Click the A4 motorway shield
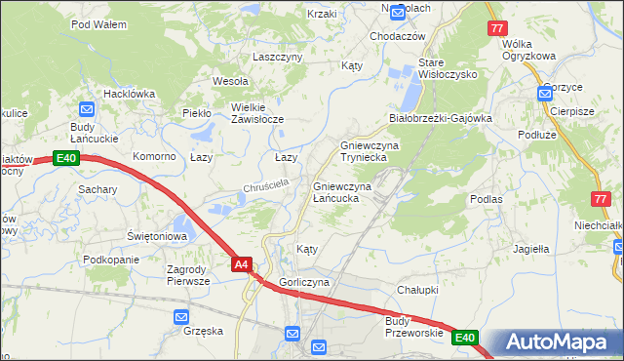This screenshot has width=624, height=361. tap(243, 263)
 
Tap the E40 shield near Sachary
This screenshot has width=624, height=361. tap(66, 158)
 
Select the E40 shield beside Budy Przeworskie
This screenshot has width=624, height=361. tap(466, 338)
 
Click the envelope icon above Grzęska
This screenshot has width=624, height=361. tap(181, 316)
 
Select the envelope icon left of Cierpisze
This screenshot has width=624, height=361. tap(544, 95)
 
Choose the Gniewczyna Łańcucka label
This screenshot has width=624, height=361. tap(340, 192)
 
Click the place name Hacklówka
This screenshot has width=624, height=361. tap(130, 94)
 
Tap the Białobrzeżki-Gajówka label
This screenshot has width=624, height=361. tap(440, 118)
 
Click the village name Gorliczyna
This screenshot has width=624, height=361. tap(304, 282)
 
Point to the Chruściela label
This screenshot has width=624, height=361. tap(261, 185)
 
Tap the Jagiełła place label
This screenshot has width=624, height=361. tap(531, 249)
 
